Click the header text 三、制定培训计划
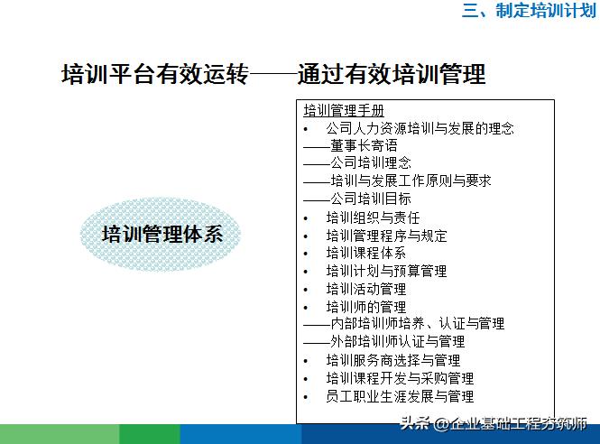coord(530,12)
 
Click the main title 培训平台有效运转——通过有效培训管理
coord(272,73)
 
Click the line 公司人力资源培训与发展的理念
coord(420,129)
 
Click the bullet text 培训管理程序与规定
coord(386,236)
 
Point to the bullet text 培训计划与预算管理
coord(386,271)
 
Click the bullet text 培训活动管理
coord(366,289)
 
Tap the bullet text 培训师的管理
coord(366,307)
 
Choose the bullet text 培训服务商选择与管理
coord(393,360)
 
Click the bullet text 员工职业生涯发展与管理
coord(400,396)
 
